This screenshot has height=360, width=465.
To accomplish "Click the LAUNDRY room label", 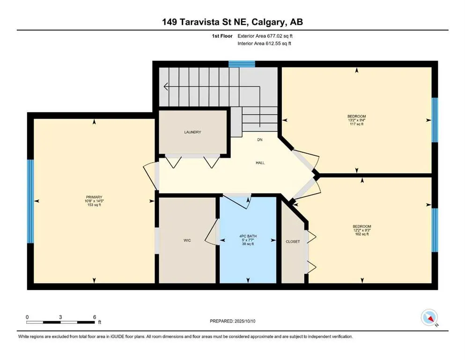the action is click(192, 132).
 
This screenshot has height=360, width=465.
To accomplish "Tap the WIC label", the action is click(187, 240).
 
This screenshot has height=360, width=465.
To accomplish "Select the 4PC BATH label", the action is click(248, 236).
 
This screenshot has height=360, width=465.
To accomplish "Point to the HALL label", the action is click(260, 163).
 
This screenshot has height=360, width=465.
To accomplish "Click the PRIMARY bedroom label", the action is click(94, 197).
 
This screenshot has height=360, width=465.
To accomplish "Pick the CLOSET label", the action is click(293, 241).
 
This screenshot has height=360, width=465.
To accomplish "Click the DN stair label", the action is click(260, 140).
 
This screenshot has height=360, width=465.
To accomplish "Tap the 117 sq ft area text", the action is click(356, 124).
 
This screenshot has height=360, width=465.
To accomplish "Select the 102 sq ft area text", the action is click(362, 234).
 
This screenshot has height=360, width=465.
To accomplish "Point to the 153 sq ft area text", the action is click(94, 205).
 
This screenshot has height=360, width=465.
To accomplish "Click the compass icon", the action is click(429, 317).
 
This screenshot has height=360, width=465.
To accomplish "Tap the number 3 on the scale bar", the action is click(60, 317).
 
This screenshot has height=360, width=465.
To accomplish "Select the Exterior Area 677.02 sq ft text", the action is click(265, 36).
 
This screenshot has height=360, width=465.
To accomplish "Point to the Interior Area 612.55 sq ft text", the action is click(264, 43).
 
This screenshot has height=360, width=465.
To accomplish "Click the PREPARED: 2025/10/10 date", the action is click(232, 321).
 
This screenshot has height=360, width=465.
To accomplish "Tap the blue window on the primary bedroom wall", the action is click(30, 201).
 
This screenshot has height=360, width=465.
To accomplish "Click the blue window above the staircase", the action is click(242, 64).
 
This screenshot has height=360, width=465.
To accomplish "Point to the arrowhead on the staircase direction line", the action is click(166, 87).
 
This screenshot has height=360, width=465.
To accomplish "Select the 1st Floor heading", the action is click(222, 36).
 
